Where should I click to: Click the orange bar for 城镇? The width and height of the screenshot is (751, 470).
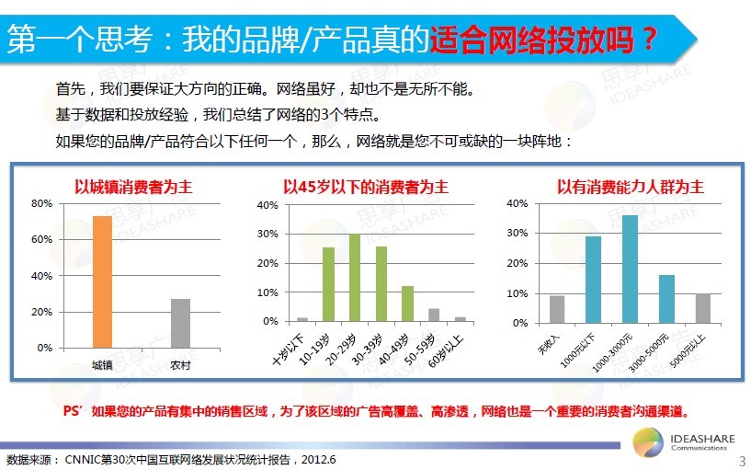(x=103, y=281)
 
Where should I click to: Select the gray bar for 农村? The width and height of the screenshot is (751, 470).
(x=180, y=324)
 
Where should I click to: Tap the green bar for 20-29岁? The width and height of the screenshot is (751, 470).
(x=355, y=278)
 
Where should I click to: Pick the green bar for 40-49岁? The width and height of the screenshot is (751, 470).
(x=407, y=304)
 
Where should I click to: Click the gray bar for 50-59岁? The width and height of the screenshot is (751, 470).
(x=434, y=315)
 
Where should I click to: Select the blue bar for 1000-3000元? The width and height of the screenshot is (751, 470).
(x=630, y=269)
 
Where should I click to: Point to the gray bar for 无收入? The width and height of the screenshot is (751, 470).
(x=556, y=309)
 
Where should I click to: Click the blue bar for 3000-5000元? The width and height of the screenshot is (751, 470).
(x=666, y=299)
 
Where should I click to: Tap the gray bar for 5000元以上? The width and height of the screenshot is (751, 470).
(x=703, y=308)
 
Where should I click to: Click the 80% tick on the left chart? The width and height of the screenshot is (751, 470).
(x=41, y=203)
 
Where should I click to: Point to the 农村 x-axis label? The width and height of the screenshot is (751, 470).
(x=180, y=365)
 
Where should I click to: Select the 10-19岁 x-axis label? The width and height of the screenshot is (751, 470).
(x=314, y=350)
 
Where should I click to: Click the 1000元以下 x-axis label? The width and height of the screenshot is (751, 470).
(x=577, y=350)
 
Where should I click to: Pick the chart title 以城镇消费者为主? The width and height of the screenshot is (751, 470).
(x=133, y=187)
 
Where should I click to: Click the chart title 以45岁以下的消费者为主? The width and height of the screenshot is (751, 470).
(x=366, y=187)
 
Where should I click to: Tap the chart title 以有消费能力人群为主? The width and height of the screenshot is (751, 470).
(x=631, y=187)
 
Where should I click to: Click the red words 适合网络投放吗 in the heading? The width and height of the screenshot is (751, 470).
(x=532, y=39)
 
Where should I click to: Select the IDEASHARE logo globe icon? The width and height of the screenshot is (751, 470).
(x=648, y=442)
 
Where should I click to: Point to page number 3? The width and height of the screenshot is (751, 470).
(x=742, y=461)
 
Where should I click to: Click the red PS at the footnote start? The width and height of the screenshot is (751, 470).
(x=72, y=411)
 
